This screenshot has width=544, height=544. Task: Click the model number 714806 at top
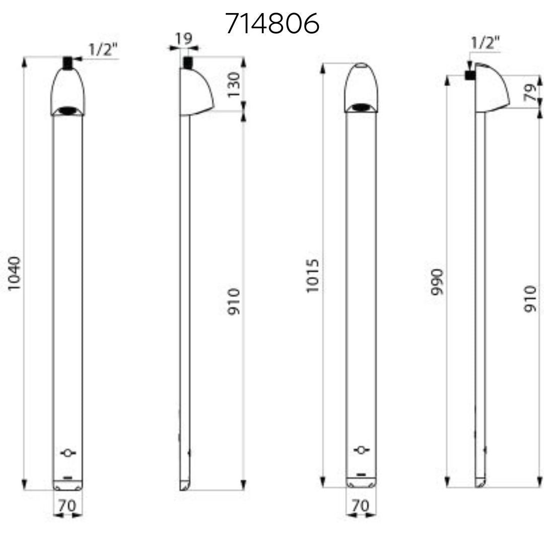(273, 23)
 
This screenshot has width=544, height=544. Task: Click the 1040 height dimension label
(15, 274)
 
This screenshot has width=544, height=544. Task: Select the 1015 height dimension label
(312, 276)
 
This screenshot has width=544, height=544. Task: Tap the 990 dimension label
(437, 282)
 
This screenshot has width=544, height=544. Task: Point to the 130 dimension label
(233, 85)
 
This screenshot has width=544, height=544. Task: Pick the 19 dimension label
(183, 38)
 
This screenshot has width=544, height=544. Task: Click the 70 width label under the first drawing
(67, 506)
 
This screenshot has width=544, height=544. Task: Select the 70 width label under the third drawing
(361, 506)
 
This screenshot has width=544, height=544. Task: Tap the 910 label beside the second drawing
(234, 302)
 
